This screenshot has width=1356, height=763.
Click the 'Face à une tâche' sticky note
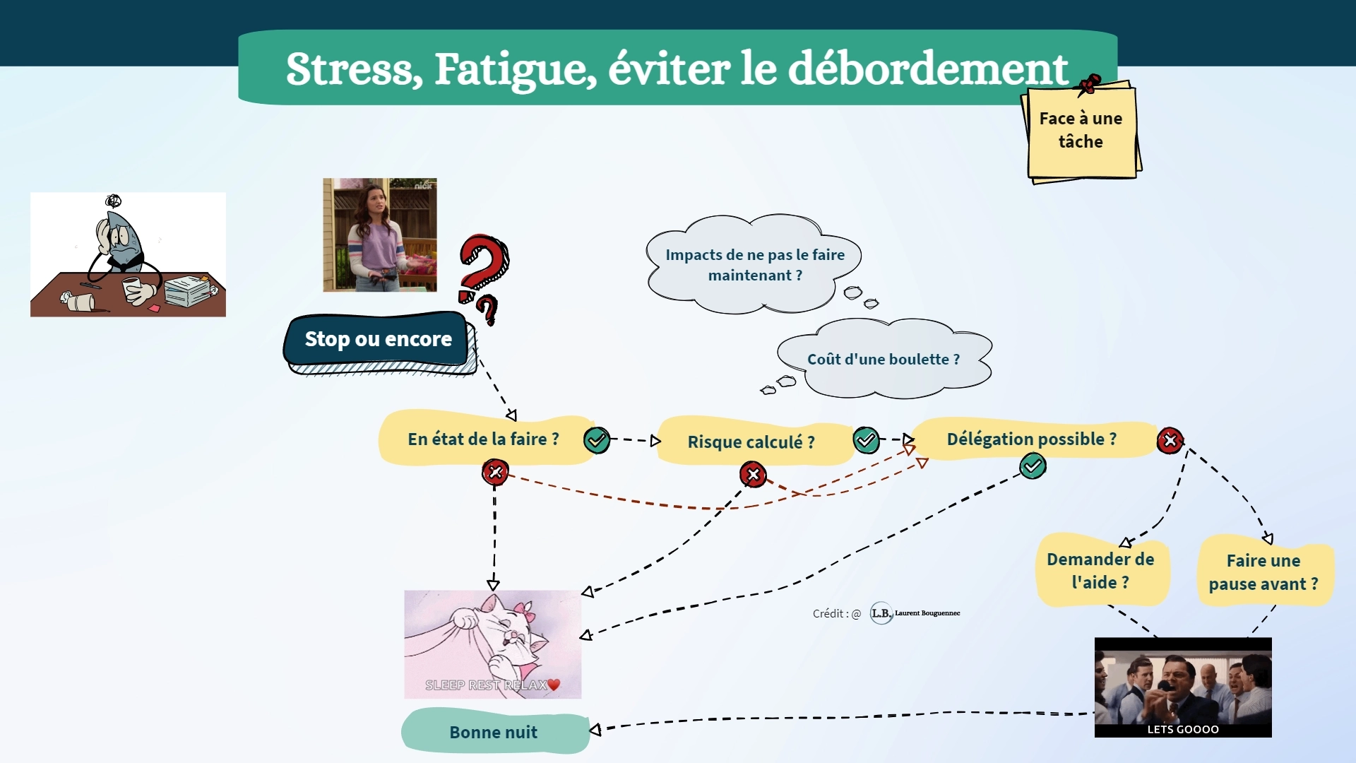(x=1081, y=131)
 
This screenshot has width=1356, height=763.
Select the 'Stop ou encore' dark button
(x=378, y=339)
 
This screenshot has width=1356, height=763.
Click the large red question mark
(x=483, y=265)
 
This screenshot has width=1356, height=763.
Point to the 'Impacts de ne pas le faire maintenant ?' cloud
(x=754, y=265)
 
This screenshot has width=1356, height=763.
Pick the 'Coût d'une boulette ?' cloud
(x=884, y=359)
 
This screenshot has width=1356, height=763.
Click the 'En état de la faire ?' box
(x=483, y=439)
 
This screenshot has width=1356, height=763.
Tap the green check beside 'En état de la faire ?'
(x=597, y=440)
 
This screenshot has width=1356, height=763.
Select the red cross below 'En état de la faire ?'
(x=495, y=472)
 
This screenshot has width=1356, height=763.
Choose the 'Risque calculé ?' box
(x=751, y=442)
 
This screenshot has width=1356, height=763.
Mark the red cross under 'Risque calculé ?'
(x=753, y=474)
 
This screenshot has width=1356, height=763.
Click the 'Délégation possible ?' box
(x=1031, y=439)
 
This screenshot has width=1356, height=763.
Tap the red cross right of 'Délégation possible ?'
(x=1170, y=441)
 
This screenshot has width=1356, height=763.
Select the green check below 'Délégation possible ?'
(x=1033, y=466)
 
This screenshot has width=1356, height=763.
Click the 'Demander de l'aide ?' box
(x=1100, y=571)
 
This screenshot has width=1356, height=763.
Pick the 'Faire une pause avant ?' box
(x=1263, y=572)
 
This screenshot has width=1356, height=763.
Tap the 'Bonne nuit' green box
(x=494, y=732)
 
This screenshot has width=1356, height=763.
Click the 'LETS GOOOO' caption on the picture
(x=1183, y=729)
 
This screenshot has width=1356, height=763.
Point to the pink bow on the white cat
(x=523, y=608)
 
